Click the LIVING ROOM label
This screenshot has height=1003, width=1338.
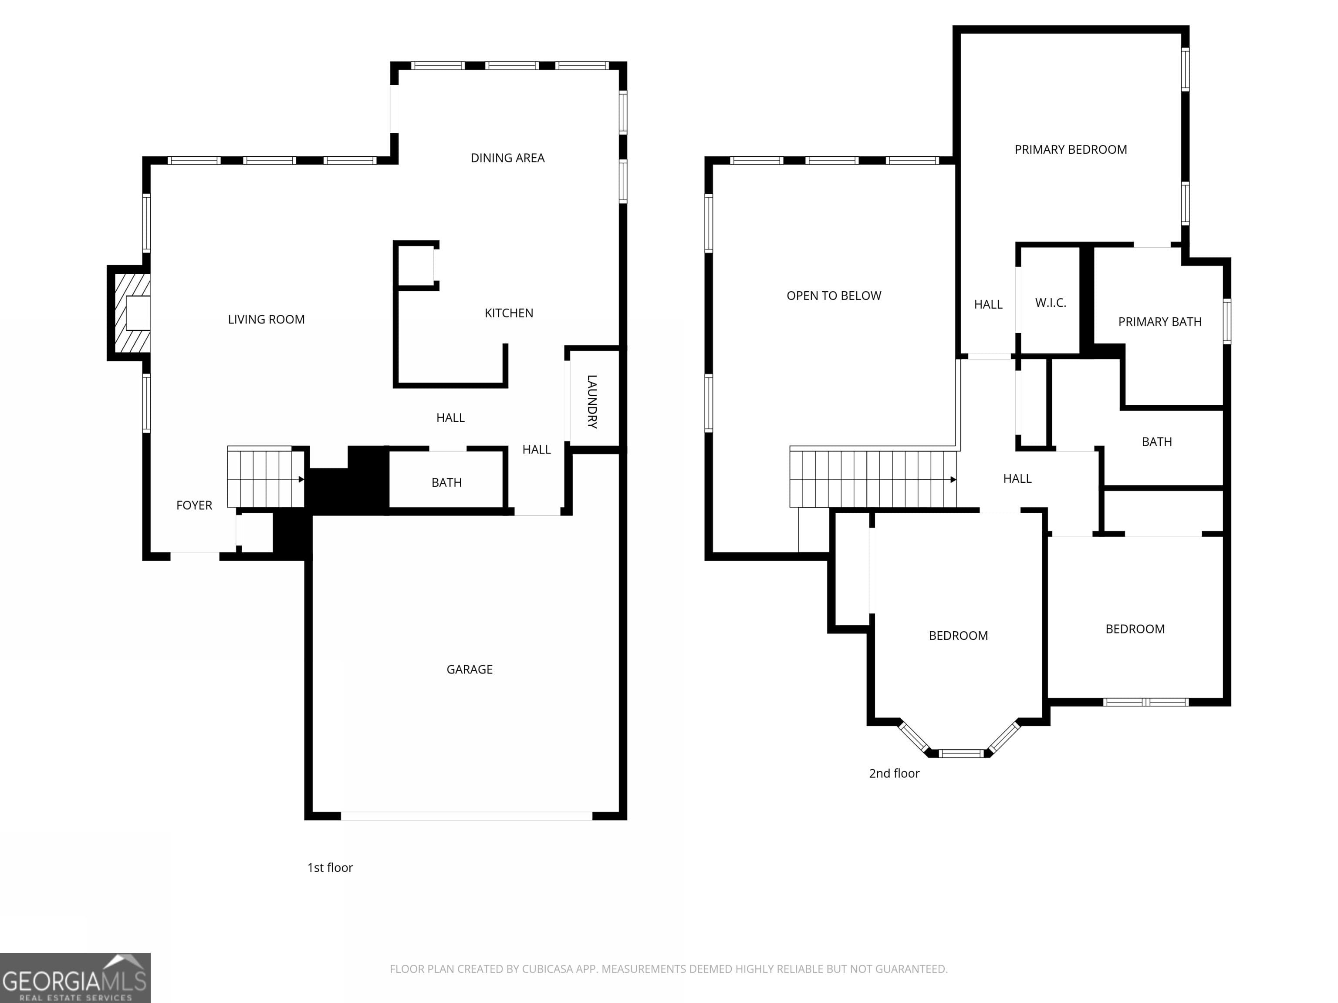(x=266, y=319)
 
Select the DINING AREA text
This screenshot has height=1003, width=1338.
(x=507, y=158)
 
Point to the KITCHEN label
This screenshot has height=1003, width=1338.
(x=509, y=313)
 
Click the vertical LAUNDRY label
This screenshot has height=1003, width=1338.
(x=592, y=401)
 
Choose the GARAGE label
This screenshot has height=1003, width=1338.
(x=470, y=669)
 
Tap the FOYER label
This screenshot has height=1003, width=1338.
(x=194, y=505)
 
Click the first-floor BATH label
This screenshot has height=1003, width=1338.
(x=446, y=482)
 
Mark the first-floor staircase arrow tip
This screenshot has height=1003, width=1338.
(x=302, y=479)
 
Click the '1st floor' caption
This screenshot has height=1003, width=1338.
(x=330, y=868)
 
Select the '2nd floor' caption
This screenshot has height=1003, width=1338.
(x=894, y=773)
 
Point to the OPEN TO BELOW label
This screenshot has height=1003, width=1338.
(x=834, y=296)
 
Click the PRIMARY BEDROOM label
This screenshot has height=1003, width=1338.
(x=1071, y=149)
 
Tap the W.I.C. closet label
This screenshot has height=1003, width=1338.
(x=1050, y=303)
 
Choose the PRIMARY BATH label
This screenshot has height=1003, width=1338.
(x=1159, y=322)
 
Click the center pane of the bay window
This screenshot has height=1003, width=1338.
(x=961, y=753)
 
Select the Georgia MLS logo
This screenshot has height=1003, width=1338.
(x=75, y=978)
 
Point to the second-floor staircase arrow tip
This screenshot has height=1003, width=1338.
(x=953, y=479)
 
